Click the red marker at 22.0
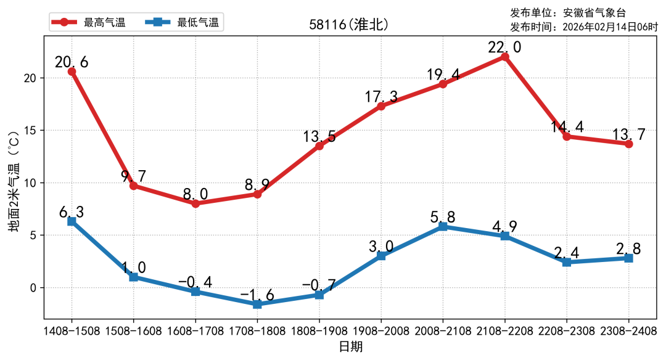point(504,57)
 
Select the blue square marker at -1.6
point(257,305)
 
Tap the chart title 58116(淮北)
point(349,25)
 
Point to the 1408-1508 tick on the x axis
point(72,331)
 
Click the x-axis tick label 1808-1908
point(319,331)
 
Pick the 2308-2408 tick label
point(628,331)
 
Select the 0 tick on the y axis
point(35,288)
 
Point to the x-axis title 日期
point(350,346)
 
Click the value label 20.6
point(72,62)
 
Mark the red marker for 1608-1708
point(195,203)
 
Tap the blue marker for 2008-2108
point(443,226)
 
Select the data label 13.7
point(628,134)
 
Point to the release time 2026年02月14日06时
point(611,27)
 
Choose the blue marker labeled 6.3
point(72,221)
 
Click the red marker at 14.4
point(566,136)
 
